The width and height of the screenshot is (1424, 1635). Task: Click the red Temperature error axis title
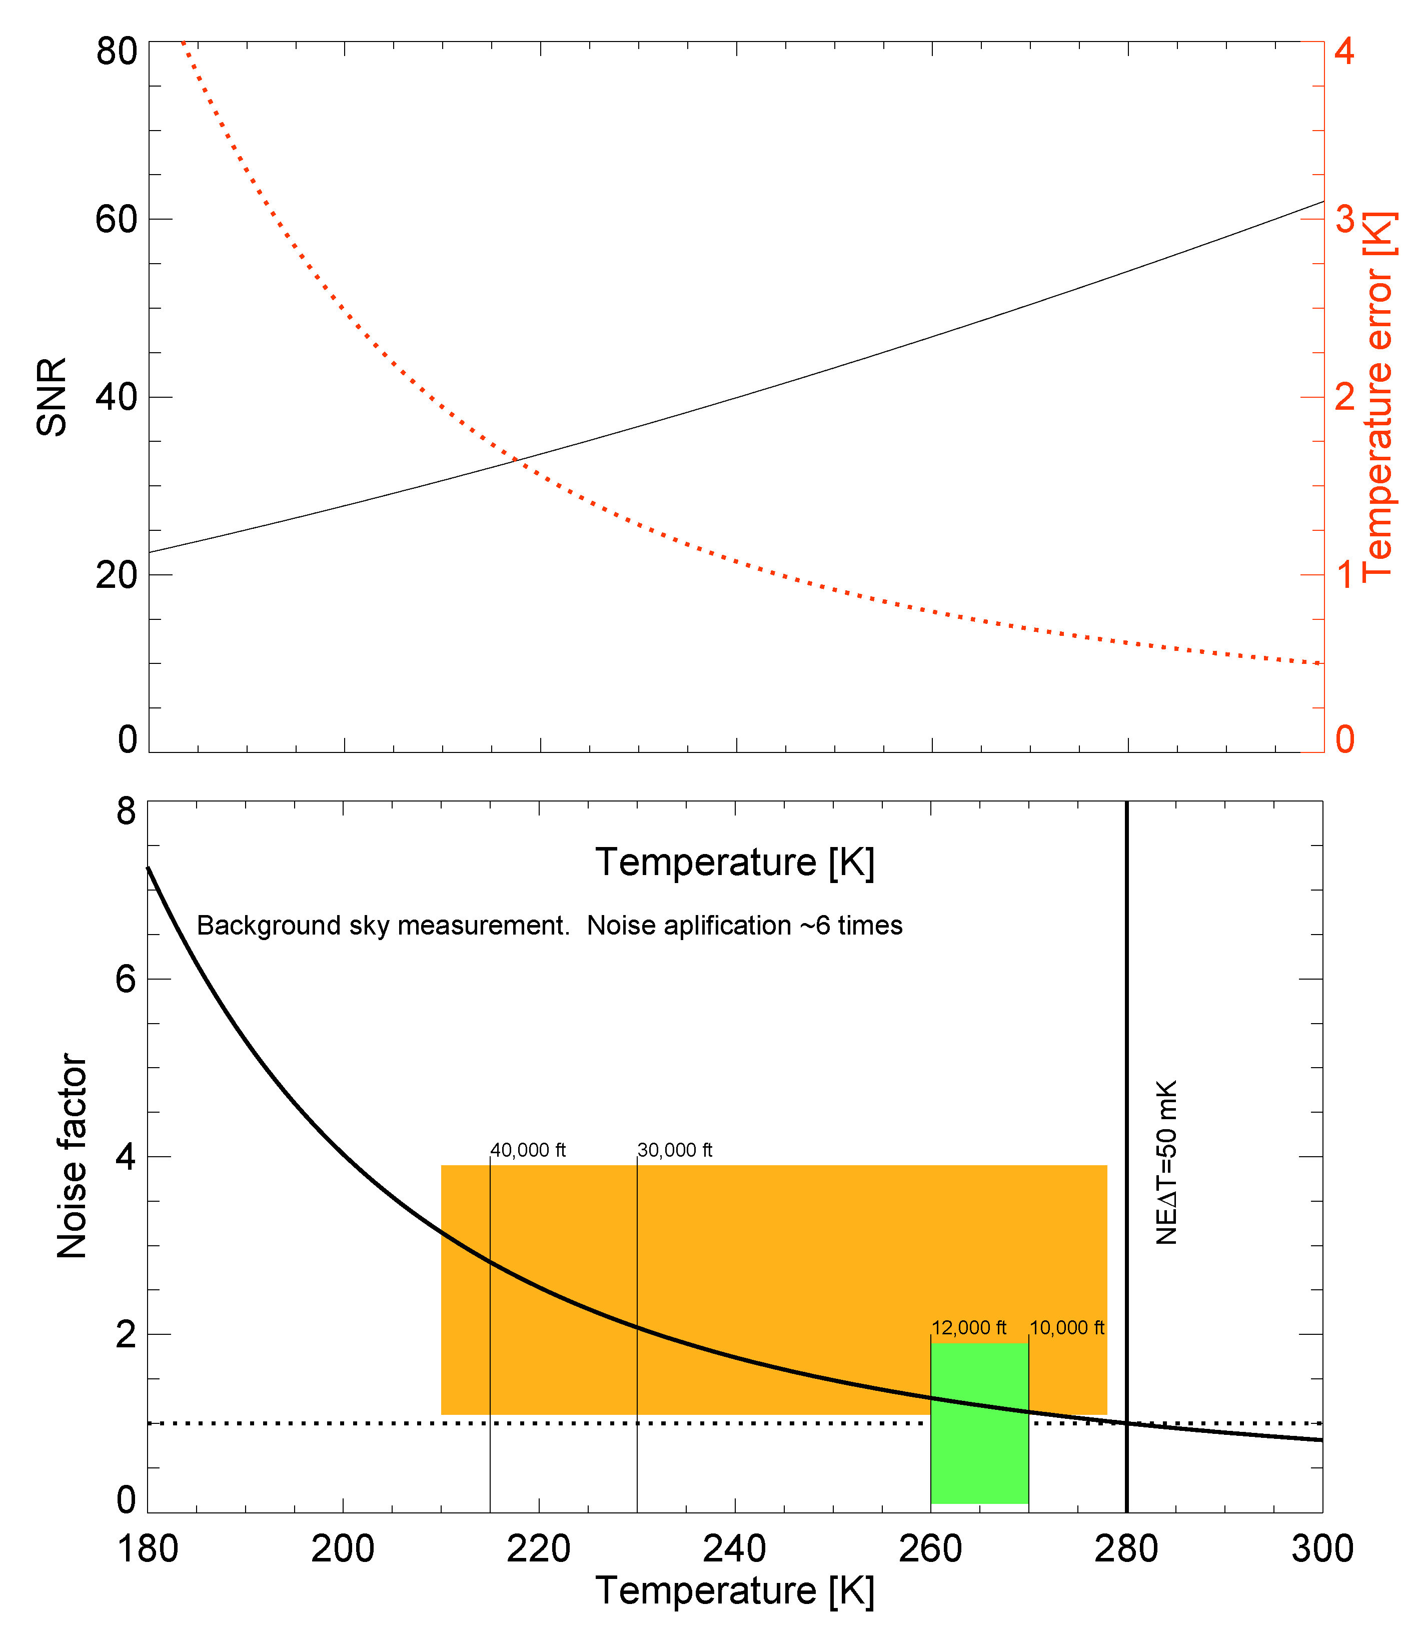pyautogui.click(x=1378, y=397)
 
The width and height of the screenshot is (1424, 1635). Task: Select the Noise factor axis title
pyautogui.click(x=72, y=1157)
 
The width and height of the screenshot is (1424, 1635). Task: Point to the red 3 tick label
pyautogui.click(x=1344, y=219)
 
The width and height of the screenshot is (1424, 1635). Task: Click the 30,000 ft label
pyautogui.click(x=675, y=1150)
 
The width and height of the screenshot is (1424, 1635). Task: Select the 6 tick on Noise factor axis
pyautogui.click(x=126, y=979)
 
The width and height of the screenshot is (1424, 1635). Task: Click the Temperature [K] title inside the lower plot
pyautogui.click(x=735, y=863)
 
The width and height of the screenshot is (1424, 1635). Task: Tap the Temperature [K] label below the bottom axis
pyautogui.click(x=735, y=1591)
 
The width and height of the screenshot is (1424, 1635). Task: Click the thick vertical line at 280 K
pyautogui.click(x=1127, y=1033)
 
